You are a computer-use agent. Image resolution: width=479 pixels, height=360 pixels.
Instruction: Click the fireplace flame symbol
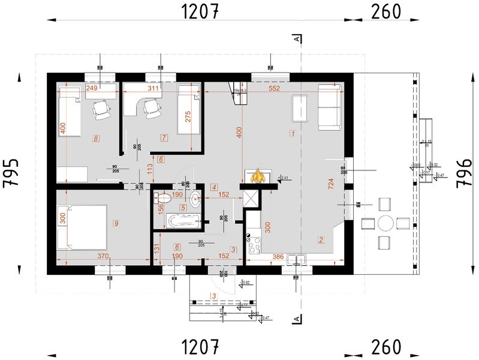click(x=258, y=176)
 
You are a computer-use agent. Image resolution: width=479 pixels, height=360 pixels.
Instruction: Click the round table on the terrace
click(x=386, y=223)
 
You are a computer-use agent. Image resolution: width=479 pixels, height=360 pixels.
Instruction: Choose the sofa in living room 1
click(x=330, y=107)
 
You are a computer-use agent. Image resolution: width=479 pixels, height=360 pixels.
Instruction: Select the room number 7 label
click(x=163, y=138)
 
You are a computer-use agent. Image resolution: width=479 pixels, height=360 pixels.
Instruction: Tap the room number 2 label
click(x=321, y=241)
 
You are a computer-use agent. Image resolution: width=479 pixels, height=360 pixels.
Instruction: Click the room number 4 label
click(x=214, y=188)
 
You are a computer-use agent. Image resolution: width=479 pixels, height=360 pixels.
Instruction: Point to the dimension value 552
click(x=275, y=88)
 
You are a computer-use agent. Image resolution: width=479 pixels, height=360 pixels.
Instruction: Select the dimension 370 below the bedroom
click(x=103, y=257)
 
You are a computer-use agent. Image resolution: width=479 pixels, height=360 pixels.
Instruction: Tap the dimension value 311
click(x=154, y=88)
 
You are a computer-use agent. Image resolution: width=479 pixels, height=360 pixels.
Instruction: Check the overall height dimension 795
click(x=13, y=173)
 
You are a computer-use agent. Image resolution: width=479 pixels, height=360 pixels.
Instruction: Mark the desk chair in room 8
click(x=102, y=109)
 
